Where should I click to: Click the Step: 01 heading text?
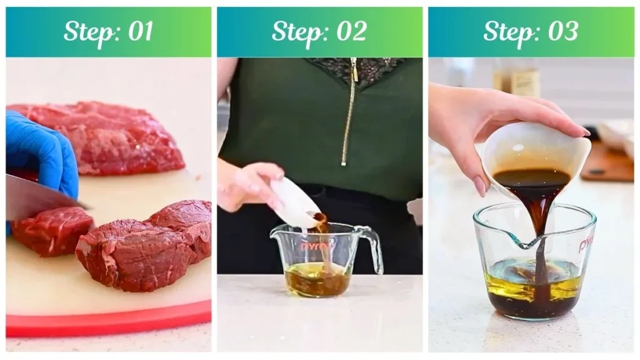pyautogui.click(x=108, y=32)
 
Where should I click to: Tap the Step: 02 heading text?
pyautogui.click(x=319, y=32)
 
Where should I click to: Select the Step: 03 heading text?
pyautogui.click(x=531, y=32)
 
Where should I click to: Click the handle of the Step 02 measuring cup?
pyautogui.click(x=373, y=247)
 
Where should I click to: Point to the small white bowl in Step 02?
pyautogui.click(x=294, y=203)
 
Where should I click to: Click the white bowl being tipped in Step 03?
pyautogui.click(x=537, y=150)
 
